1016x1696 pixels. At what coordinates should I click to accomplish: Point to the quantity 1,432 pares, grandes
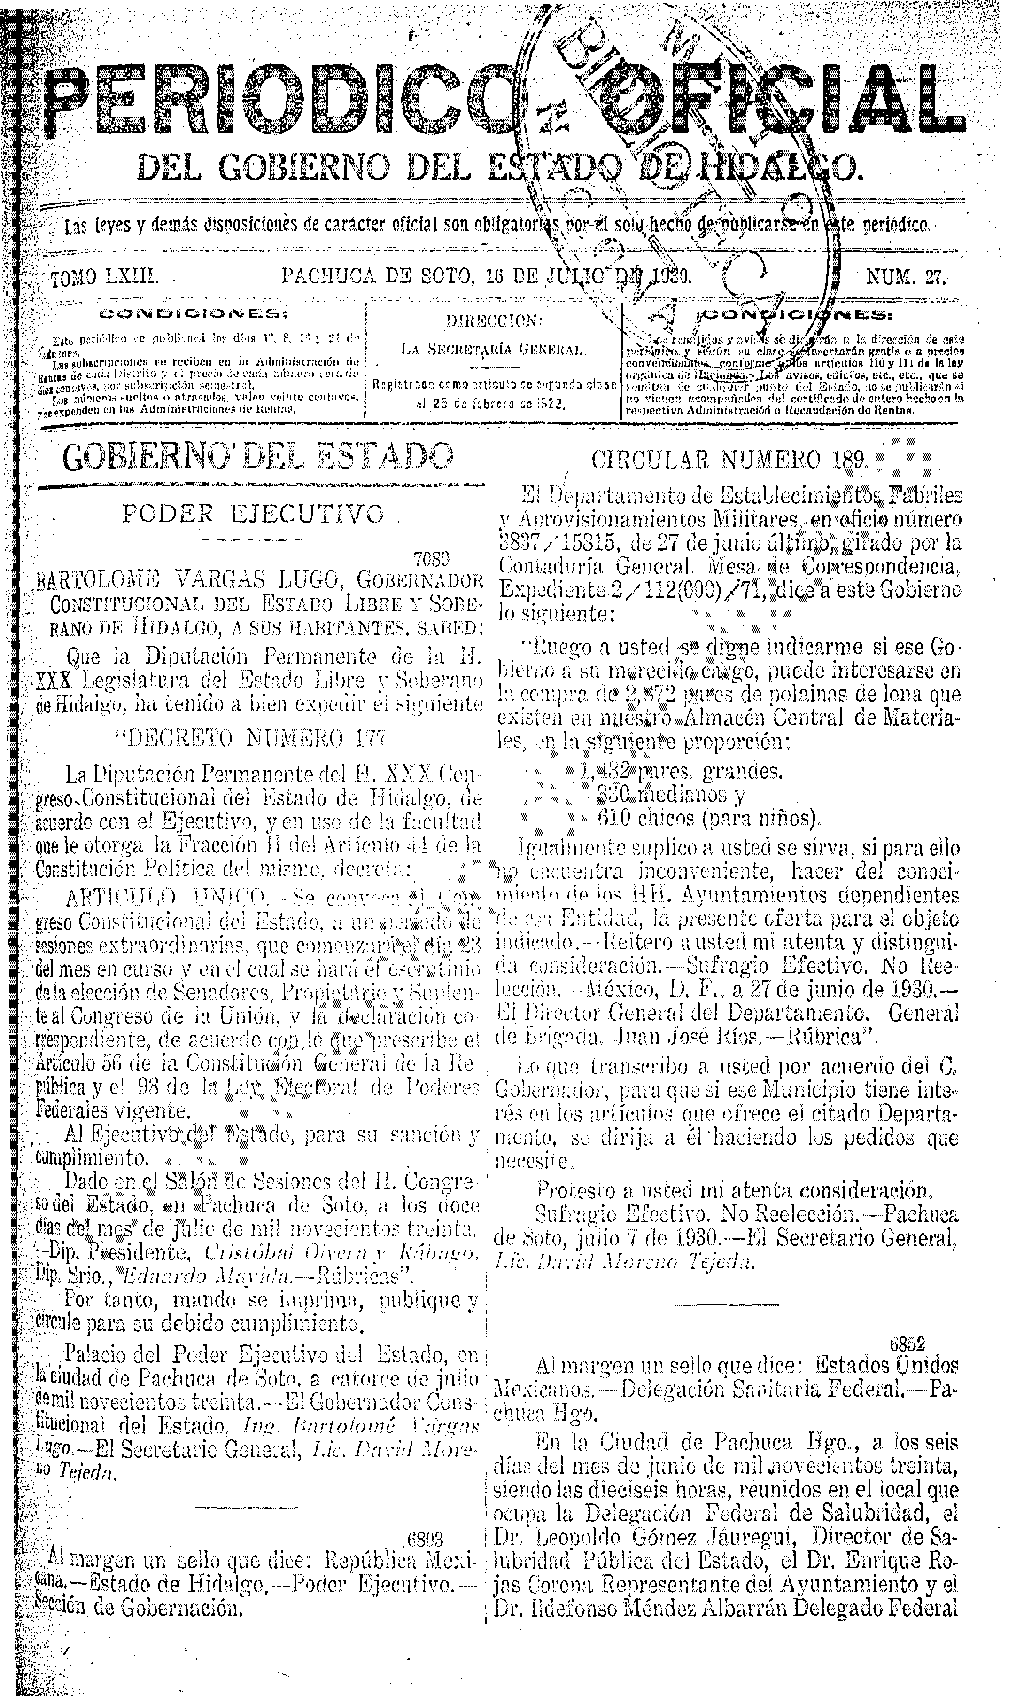(681, 772)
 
